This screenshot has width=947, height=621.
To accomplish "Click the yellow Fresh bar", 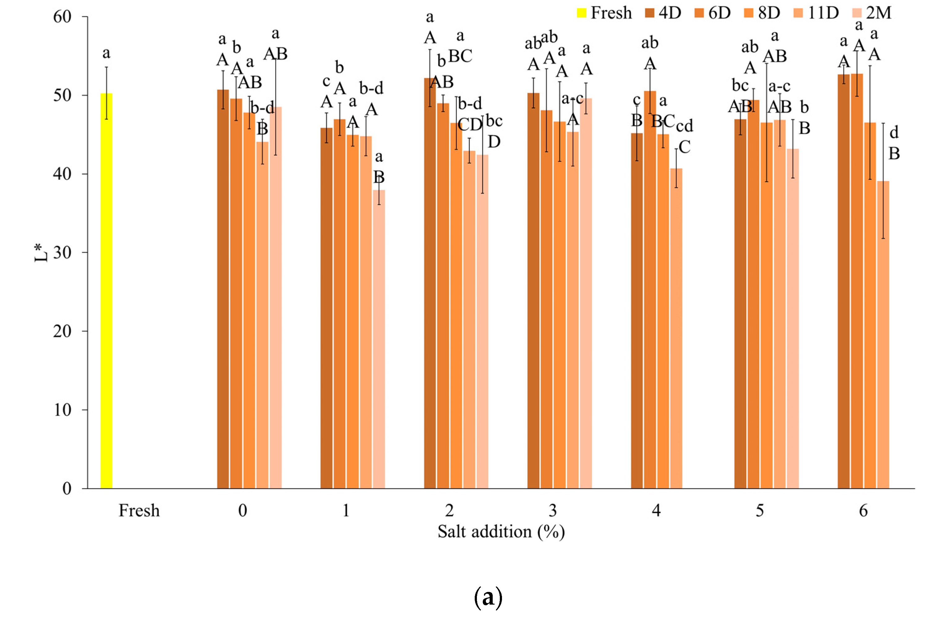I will coord(106,290).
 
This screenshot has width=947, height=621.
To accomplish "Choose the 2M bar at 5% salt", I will coord(792,318).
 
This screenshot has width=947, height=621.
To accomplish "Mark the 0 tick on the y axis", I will coord(67,488).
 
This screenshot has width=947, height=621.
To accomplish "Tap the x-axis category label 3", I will coord(553,511).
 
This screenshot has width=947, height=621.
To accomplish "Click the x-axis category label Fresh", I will coord(139,511).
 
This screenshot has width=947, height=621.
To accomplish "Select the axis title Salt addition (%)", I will coord(501,532).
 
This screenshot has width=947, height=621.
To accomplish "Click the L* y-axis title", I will coord(41,253).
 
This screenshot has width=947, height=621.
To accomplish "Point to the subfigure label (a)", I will coord(488,597).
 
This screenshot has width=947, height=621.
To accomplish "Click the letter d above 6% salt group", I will coord(894,132).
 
